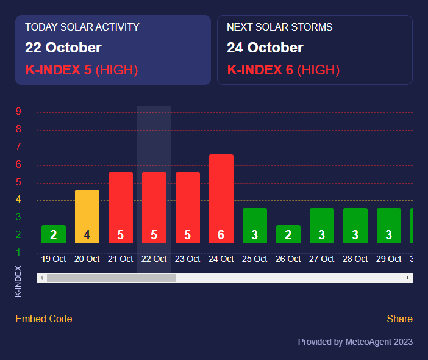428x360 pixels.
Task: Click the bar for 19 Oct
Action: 54,234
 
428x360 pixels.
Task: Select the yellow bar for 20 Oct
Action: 87,217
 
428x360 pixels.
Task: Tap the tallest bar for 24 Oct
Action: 221,199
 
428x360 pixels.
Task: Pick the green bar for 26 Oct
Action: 288,234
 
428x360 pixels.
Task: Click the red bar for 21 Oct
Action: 121,207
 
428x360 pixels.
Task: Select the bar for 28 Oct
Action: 355,226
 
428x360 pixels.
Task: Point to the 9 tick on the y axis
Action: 19,112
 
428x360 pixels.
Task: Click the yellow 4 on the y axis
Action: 19,200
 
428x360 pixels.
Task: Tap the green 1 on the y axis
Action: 19,252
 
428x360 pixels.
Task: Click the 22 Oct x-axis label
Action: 154,259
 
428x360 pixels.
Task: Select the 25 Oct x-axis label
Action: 255,259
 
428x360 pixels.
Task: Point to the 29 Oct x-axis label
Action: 389,259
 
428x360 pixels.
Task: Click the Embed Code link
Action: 44,319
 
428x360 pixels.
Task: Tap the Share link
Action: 399,319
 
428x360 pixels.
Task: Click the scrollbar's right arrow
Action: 408,278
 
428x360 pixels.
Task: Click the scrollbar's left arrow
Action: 41,278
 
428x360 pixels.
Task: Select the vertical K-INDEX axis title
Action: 18,281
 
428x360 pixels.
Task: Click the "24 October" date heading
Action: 265,48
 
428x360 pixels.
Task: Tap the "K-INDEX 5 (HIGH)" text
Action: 82,70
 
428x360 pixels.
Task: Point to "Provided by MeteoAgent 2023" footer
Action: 355,342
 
